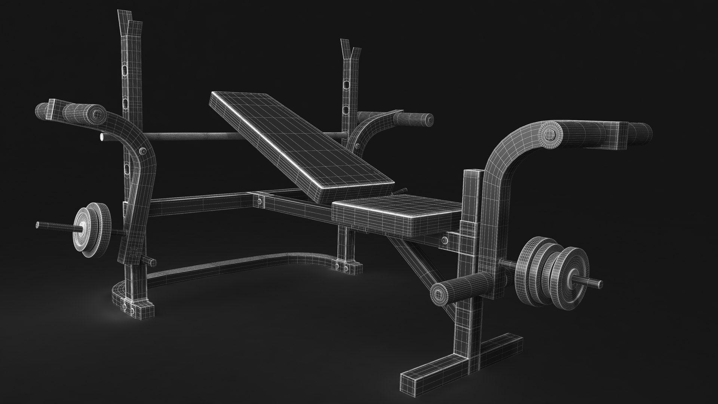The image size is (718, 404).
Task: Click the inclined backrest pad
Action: point(299,138)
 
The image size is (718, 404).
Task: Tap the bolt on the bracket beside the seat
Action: point(444,240)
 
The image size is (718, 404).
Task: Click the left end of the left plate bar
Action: point(38,224)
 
